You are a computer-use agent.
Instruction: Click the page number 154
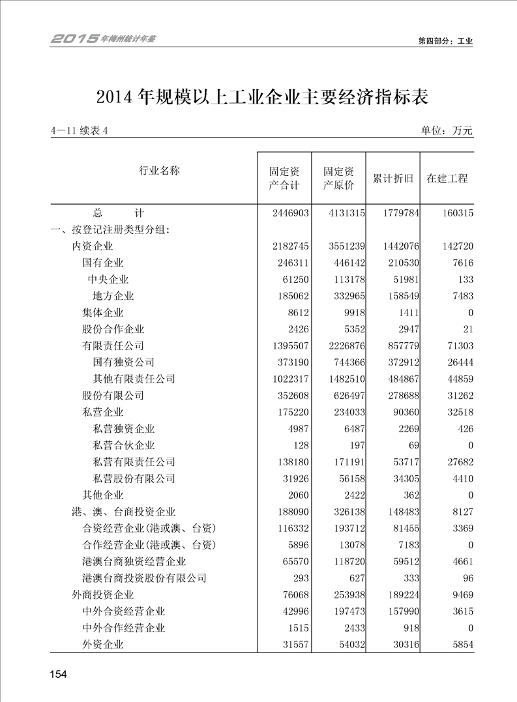coord(58,674)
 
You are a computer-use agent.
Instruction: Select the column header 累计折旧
coord(392,179)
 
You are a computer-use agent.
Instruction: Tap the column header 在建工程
coord(447,179)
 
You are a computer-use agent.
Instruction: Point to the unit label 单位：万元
coord(447,131)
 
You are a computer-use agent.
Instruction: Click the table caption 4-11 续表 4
coord(78,131)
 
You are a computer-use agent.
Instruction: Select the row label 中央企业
coord(108,280)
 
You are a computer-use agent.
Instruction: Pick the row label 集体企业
coord(102,313)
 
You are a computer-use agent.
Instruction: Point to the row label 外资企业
coord(102,645)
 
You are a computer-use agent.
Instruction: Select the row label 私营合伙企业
coord(124,446)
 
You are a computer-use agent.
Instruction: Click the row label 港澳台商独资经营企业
coord(134,561)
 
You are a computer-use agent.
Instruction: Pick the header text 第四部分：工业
coord(445,40)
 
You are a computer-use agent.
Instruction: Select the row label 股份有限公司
coord(113,396)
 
